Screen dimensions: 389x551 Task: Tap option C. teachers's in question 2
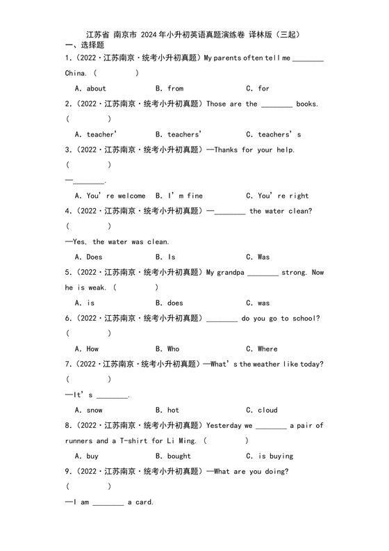[x=274, y=134]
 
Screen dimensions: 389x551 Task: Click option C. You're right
[x=277, y=195]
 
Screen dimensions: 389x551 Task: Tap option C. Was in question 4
[x=258, y=257]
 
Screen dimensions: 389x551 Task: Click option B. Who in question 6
[x=167, y=349]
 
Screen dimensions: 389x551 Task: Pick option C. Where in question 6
[x=262, y=349]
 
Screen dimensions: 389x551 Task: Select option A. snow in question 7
[x=89, y=410]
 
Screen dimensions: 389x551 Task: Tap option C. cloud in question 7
[x=262, y=410]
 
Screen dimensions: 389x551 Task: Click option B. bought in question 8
[x=174, y=456]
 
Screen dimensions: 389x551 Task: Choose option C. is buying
[x=270, y=456]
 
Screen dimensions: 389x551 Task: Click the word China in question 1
[x=75, y=73]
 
